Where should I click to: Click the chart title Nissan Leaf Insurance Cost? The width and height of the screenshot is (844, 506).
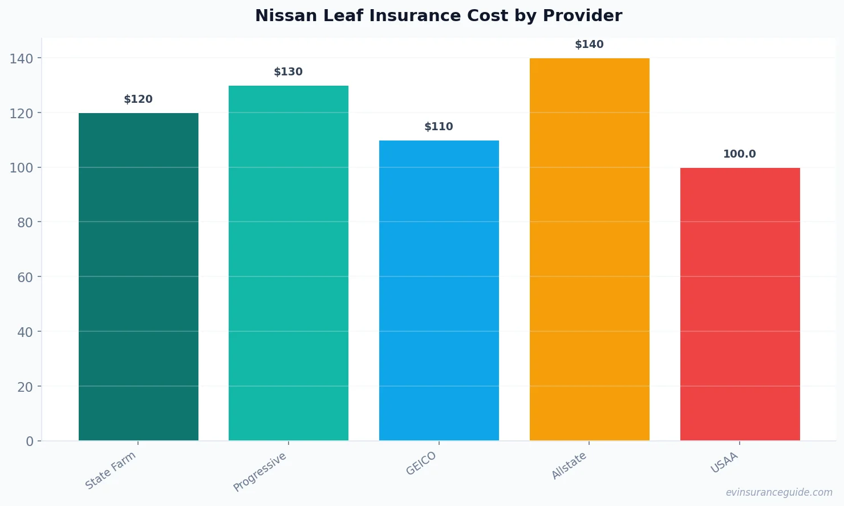(438, 16)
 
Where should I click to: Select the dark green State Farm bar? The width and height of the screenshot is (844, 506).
(139, 277)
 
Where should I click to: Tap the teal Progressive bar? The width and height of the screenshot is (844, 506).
(289, 263)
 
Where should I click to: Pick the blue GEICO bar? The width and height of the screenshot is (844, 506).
(439, 291)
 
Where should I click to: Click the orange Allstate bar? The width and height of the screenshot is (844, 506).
(589, 250)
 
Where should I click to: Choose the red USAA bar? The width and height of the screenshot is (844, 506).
(740, 304)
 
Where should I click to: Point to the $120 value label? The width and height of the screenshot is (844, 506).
(139, 99)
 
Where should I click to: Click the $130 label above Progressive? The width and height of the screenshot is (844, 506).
(289, 72)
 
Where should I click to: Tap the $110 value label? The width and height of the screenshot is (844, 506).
(439, 127)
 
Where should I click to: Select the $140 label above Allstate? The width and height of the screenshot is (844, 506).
(589, 45)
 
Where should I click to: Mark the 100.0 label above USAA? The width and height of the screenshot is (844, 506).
(740, 154)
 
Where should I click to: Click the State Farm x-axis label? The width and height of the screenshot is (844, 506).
(111, 470)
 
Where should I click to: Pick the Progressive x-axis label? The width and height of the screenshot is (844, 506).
(260, 472)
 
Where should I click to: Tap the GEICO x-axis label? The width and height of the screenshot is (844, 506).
(421, 463)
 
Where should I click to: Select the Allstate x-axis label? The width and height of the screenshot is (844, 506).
(569, 465)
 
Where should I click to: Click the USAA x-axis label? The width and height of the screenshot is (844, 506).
(724, 463)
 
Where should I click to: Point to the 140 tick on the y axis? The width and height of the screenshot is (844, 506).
(22, 58)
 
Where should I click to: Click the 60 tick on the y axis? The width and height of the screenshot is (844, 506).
(25, 277)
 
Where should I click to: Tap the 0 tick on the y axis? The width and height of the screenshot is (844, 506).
(30, 441)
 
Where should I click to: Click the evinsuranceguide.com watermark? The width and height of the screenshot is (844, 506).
(779, 492)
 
